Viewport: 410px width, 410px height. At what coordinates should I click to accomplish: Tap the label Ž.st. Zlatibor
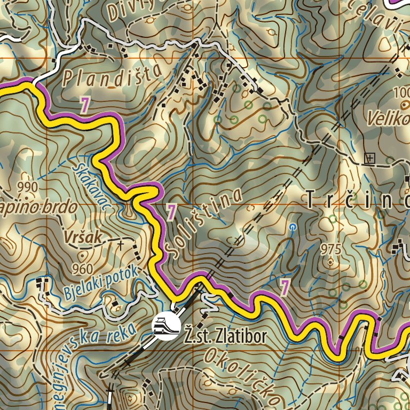[x=224, y=337]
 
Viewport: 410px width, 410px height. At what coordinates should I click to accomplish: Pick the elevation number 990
[x=27, y=187]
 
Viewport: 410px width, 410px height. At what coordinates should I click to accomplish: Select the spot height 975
[x=331, y=249]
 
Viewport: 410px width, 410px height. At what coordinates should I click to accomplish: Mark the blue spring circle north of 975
[x=292, y=227]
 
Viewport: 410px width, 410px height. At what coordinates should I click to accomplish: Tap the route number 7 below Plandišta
[x=84, y=105]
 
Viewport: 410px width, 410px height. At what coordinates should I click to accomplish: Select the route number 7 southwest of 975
[x=285, y=288]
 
